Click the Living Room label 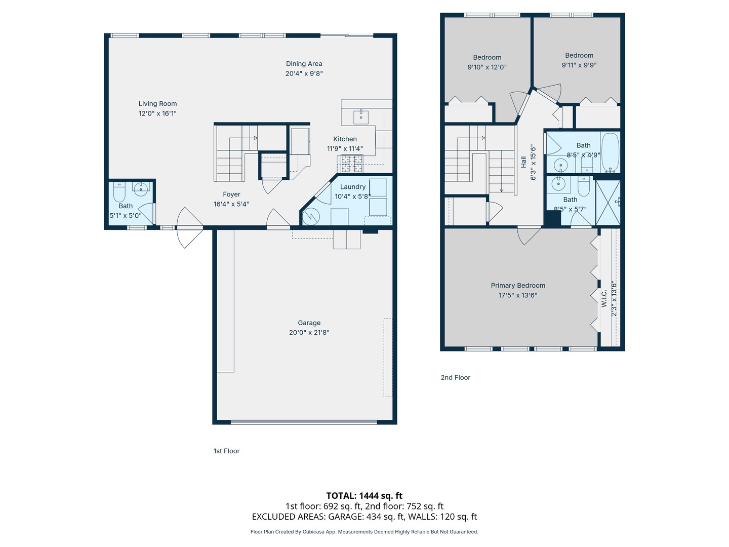click(x=157, y=104)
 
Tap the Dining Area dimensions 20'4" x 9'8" click(x=304, y=73)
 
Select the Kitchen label click(x=345, y=139)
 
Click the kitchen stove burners click(x=351, y=163)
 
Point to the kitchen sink click(x=361, y=116)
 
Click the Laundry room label click(x=352, y=187)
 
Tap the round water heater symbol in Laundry click(x=310, y=217)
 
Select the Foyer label click(x=231, y=194)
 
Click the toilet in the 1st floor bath click(x=119, y=192)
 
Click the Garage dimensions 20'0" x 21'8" click(x=309, y=333)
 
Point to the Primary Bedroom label click(x=518, y=286)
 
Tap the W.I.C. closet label click(x=604, y=298)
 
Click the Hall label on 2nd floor click(x=523, y=162)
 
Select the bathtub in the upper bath click(x=610, y=152)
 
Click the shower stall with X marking click(x=607, y=203)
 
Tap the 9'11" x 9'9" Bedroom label click(x=579, y=56)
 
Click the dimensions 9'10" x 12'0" click(x=487, y=67)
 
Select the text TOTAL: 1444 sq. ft click(x=364, y=496)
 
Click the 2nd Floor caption click(x=455, y=378)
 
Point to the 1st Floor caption click(x=226, y=451)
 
